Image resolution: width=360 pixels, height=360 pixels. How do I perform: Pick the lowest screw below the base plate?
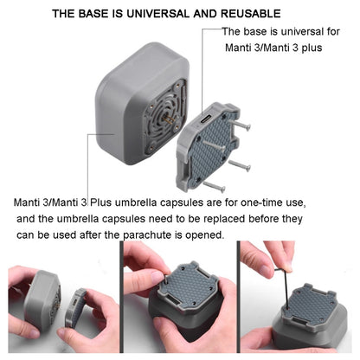(x=215, y=184)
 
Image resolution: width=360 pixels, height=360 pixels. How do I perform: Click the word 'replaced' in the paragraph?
(x=205, y=218)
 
